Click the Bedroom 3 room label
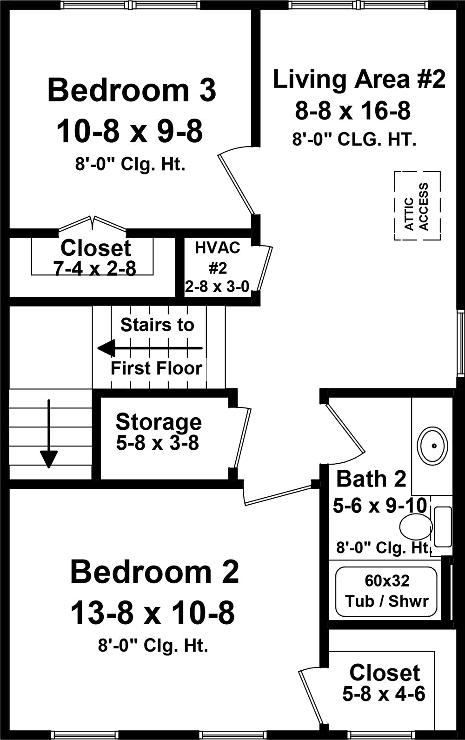(x=132, y=90)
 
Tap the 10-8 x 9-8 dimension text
(x=130, y=132)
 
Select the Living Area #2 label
(x=359, y=79)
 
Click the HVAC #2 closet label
(x=217, y=258)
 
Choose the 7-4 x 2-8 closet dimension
(x=95, y=268)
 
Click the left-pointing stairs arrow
(x=150, y=348)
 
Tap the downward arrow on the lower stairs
(x=49, y=433)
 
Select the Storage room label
(x=159, y=422)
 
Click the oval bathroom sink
(x=432, y=446)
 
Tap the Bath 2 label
(x=371, y=479)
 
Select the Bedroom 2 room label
(x=154, y=572)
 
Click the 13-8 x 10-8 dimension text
(x=153, y=613)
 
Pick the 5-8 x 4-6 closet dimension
(x=384, y=693)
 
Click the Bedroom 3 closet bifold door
(x=93, y=224)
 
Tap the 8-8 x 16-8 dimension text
(x=353, y=111)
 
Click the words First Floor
(x=156, y=368)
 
